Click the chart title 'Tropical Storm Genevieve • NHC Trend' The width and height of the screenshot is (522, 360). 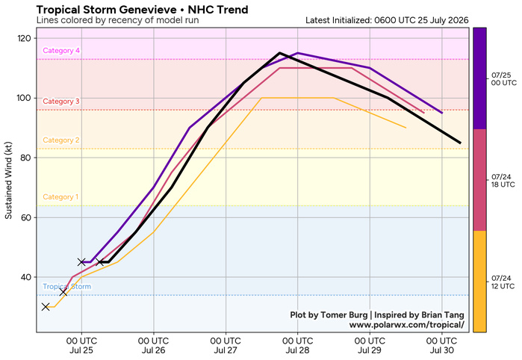click(142, 9)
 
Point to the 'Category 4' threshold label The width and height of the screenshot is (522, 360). click(61, 51)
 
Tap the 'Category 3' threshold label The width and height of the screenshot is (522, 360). click(61, 102)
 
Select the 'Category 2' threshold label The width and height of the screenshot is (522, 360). click(61, 140)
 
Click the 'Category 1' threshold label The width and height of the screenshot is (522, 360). click(60, 197)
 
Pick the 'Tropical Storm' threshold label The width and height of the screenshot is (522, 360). click(67, 286)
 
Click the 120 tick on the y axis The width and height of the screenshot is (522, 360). click(24, 38)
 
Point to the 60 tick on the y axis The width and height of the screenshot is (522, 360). click(26, 217)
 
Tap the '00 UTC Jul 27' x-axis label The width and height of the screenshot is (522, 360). click(226, 346)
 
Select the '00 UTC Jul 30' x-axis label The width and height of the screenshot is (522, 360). click(442, 346)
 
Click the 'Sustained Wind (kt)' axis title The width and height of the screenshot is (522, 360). click(8, 180)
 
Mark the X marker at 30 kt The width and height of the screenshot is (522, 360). click(46, 307)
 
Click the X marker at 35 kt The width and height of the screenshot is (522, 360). click(63, 292)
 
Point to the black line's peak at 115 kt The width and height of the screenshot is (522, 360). click(279, 53)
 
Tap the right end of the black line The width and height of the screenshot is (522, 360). click(461, 143)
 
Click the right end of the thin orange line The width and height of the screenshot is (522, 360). click(406, 128)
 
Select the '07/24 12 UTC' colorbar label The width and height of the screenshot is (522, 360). click(503, 282)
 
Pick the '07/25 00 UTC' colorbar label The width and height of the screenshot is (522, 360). click(503, 79)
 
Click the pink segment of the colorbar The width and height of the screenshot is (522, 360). click(479, 180)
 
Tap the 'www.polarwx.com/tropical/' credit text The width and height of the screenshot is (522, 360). click(406, 324)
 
